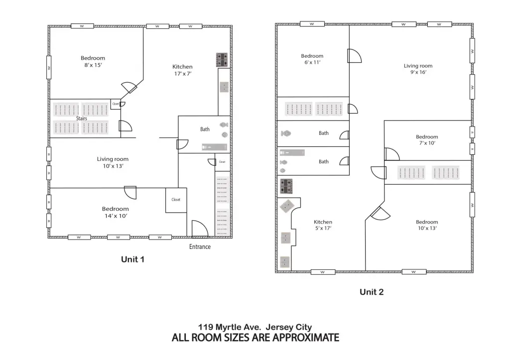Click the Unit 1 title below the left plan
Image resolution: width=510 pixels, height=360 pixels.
(x=132, y=259)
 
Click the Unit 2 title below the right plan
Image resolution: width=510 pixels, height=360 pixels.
(x=372, y=292)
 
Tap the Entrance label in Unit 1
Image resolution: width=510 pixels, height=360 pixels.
(x=200, y=247)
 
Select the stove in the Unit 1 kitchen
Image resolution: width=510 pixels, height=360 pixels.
(x=222, y=60)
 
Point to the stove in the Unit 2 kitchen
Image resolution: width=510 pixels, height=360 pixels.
(x=286, y=186)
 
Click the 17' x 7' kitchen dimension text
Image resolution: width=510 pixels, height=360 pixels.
(x=183, y=74)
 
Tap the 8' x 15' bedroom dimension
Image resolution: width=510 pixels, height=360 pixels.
(x=93, y=65)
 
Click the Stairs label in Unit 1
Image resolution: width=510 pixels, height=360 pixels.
(x=81, y=119)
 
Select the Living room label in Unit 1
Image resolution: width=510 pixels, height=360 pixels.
(x=113, y=159)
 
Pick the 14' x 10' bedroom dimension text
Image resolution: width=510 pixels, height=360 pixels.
(x=116, y=216)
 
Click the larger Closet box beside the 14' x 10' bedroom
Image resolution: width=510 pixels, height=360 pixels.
(x=176, y=200)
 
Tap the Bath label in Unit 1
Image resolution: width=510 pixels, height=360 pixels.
(x=205, y=129)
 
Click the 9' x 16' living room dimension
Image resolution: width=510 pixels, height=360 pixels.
(x=418, y=72)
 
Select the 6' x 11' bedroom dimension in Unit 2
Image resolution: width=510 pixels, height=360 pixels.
(x=312, y=62)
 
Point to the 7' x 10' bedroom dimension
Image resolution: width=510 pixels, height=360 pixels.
(x=427, y=143)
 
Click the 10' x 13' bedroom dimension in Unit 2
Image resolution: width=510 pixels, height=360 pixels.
(x=427, y=228)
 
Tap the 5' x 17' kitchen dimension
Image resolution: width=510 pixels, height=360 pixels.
(x=323, y=228)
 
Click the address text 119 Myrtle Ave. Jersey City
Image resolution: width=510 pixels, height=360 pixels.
(x=255, y=327)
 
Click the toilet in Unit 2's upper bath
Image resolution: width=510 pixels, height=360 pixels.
(x=286, y=133)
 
